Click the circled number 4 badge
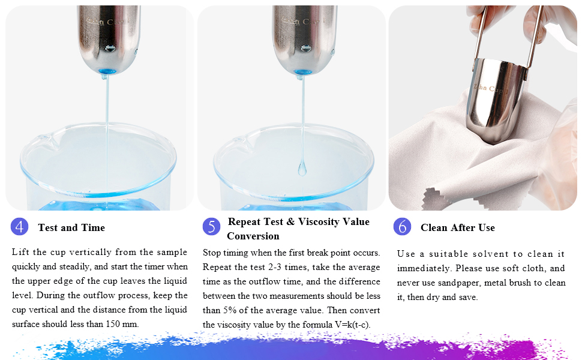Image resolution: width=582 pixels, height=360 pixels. pos(20,227)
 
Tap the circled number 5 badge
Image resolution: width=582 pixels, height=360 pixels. pos(211,226)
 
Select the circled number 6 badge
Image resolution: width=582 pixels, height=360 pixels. pos(402,227)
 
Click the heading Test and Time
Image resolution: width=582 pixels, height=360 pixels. pos(71,228)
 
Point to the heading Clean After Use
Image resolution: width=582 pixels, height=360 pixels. pos(457,228)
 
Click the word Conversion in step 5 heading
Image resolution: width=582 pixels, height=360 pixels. pos(253,236)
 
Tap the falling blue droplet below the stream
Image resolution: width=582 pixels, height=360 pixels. pos(302,169)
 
